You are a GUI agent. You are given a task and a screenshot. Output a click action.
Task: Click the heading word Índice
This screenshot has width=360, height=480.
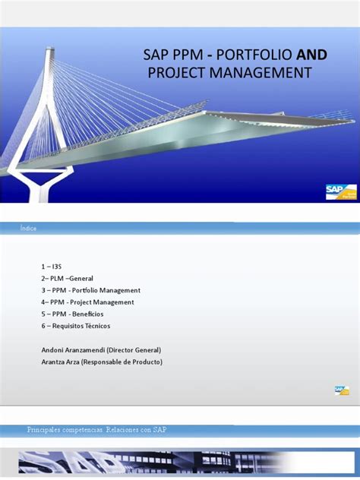click(x=29, y=229)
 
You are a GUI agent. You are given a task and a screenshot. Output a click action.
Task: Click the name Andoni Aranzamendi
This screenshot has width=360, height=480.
click(x=72, y=349)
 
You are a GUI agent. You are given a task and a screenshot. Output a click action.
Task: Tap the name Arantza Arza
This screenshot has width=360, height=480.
click(x=62, y=362)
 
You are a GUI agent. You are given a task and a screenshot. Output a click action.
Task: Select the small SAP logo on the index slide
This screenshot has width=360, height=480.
click(x=341, y=390)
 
